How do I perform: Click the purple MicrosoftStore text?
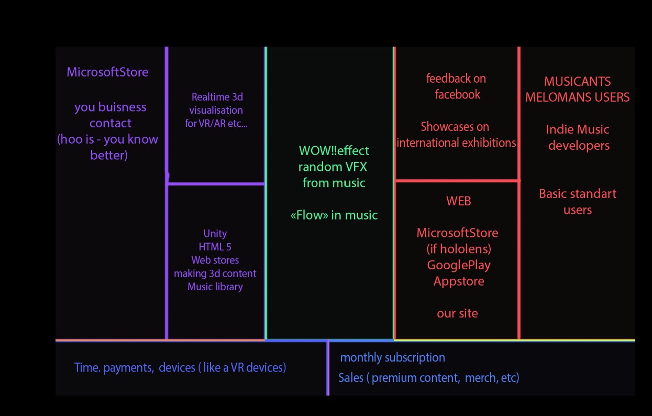click(107, 72)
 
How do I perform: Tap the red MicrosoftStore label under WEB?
click(457, 233)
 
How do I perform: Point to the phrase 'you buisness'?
click(110, 107)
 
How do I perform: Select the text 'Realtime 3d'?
click(217, 97)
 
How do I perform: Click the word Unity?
click(215, 234)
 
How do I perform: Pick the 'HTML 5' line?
click(215, 247)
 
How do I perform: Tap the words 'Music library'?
click(215, 287)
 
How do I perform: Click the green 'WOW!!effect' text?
click(334, 151)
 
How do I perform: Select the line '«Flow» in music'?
click(334, 215)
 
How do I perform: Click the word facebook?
click(457, 95)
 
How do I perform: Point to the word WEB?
click(458, 201)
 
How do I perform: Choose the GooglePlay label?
click(458, 265)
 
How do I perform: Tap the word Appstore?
click(458, 281)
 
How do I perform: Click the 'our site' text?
click(457, 313)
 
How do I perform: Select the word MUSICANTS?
click(577, 82)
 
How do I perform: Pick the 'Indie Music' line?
click(577, 129)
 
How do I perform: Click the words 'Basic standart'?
click(577, 194)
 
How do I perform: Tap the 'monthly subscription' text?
click(392, 358)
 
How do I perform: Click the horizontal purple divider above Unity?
click(216, 183)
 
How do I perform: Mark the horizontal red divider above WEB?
click(457, 181)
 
